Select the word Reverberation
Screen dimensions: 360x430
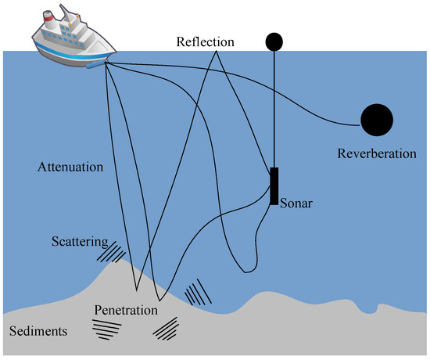click(x=377, y=153)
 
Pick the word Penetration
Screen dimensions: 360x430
click(x=127, y=309)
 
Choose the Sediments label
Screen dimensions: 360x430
click(x=38, y=331)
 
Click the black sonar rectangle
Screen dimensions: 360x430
click(x=274, y=186)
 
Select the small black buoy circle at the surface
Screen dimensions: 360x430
click(x=274, y=41)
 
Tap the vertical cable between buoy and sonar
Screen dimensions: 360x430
click(x=274, y=110)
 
